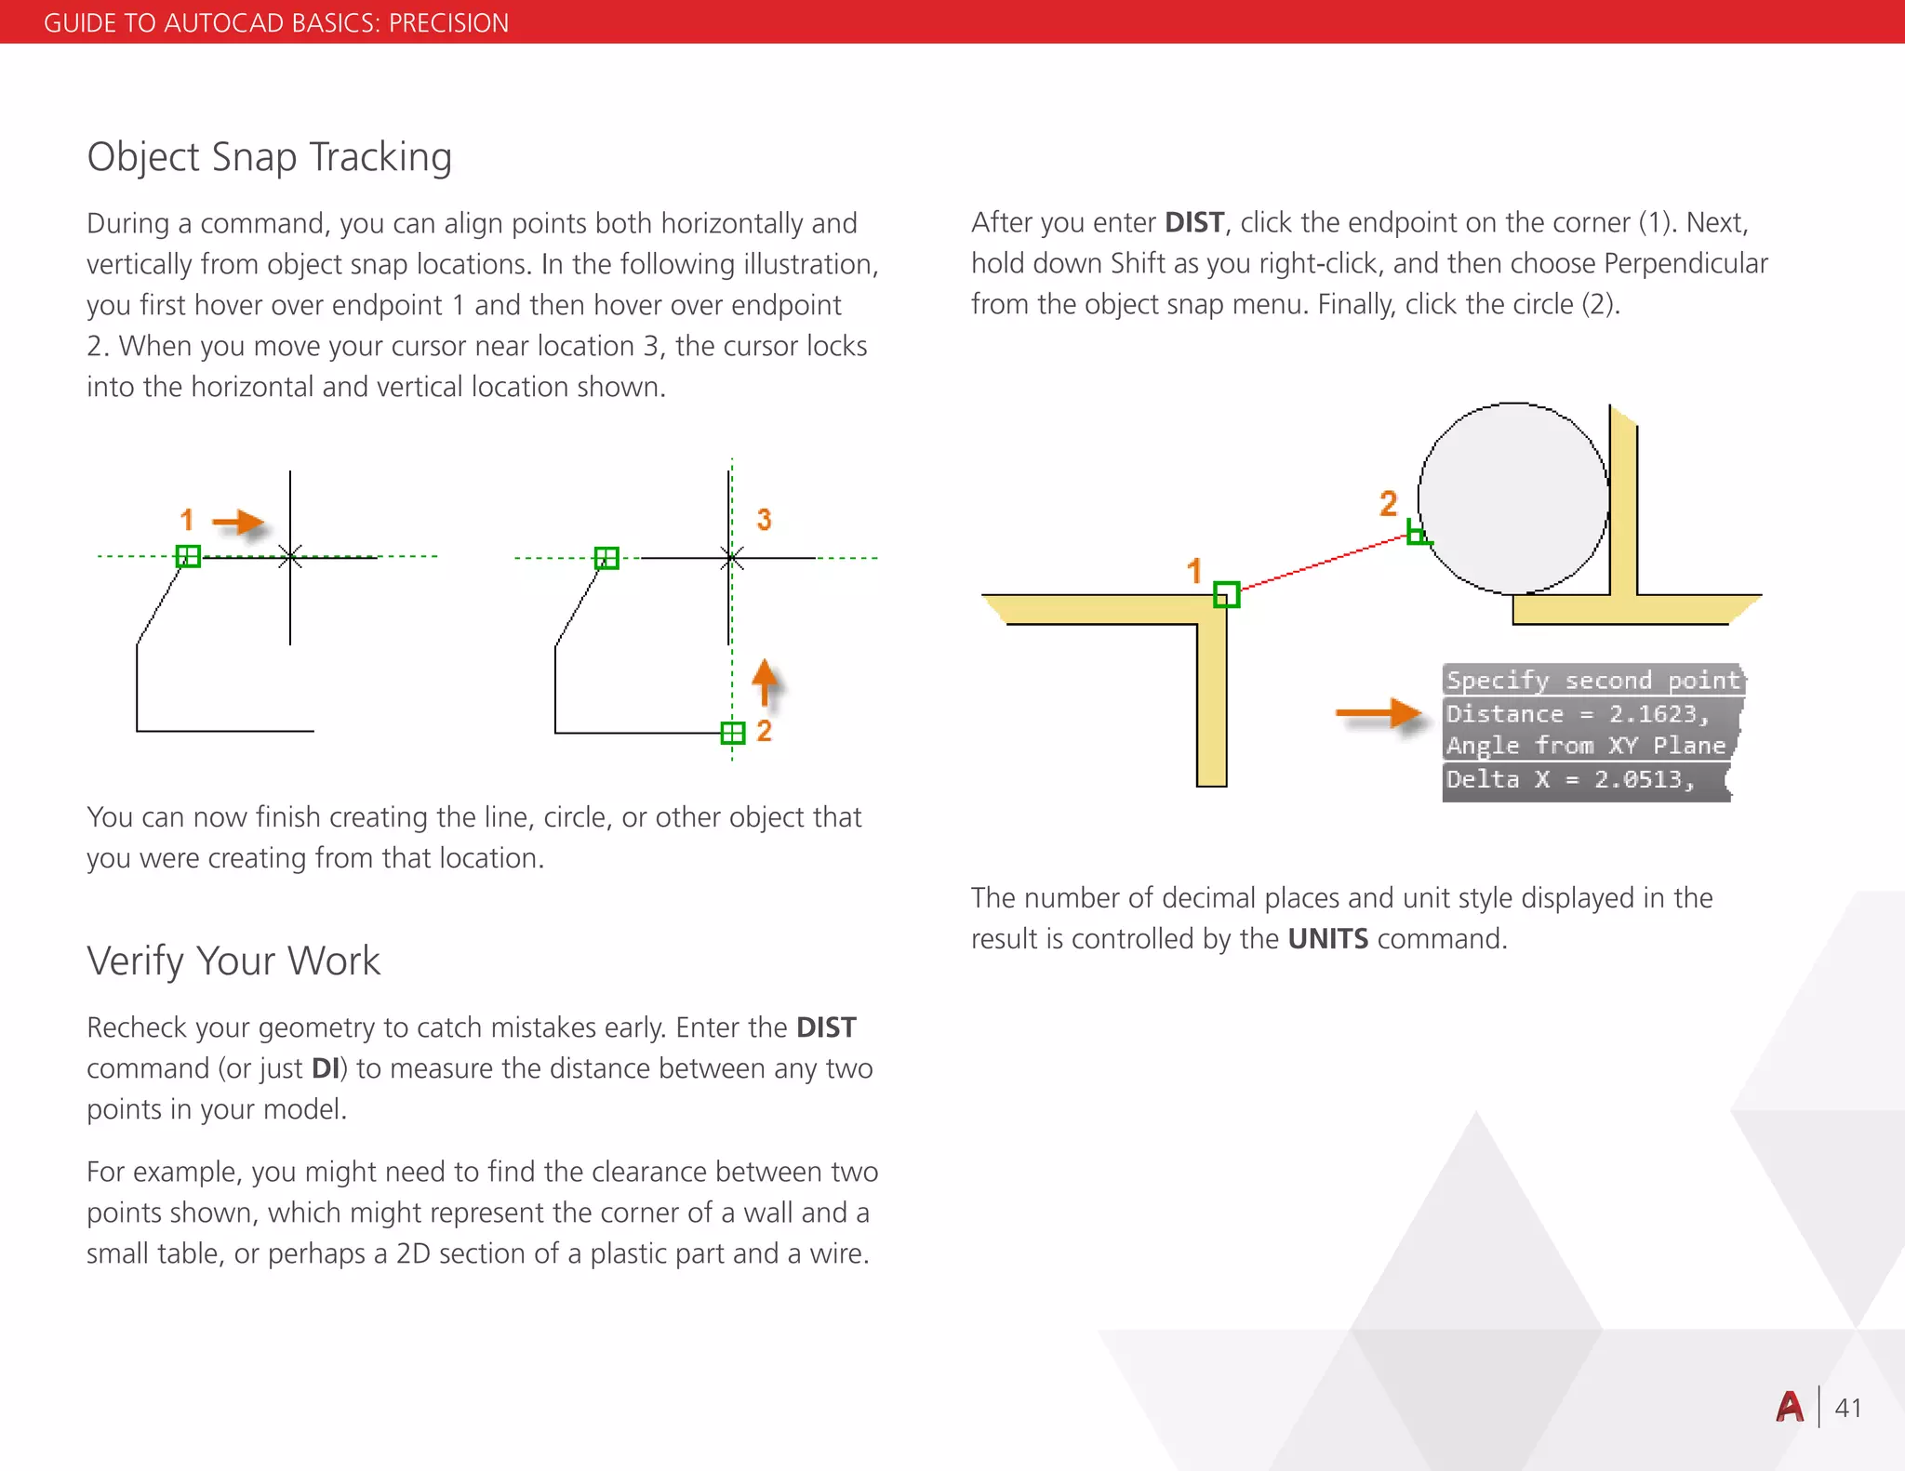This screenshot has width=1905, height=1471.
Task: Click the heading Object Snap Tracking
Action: (269, 157)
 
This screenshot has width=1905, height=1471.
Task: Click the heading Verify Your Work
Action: (233, 961)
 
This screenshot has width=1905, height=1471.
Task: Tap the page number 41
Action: (1847, 1408)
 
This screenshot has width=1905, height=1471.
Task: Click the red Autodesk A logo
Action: (1790, 1407)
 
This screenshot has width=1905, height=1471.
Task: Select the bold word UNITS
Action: (1327, 939)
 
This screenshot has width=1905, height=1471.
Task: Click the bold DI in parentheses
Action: (326, 1068)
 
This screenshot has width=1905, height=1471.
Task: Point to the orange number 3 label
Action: (764, 520)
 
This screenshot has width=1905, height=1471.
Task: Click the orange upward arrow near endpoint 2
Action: (765, 682)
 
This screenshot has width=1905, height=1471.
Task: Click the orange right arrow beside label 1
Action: (239, 523)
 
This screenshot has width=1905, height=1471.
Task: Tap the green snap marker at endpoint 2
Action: (733, 733)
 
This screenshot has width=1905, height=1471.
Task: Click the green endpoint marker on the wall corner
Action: (1226, 594)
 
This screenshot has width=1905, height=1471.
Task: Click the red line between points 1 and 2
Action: (1321, 563)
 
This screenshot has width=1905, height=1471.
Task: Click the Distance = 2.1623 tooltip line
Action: (1578, 714)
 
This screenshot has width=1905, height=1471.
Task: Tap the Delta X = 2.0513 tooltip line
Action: (1570, 779)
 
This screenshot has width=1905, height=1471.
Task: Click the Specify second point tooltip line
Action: (1592, 681)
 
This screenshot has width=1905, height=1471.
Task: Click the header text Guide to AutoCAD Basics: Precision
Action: (276, 22)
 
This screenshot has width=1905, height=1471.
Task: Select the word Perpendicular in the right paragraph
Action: (1685, 263)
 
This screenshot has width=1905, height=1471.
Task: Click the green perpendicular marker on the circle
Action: (1417, 534)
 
